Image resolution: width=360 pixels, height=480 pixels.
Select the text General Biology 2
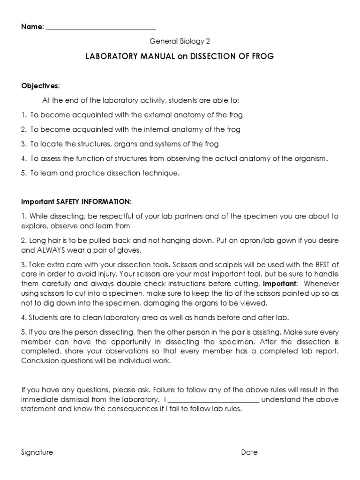coord(180,41)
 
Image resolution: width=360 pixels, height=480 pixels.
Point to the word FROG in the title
coord(262,56)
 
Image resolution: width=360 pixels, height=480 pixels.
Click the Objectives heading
coord(40,86)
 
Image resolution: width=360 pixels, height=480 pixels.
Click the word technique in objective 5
coord(161,173)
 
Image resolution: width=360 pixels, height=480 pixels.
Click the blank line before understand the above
coord(213,400)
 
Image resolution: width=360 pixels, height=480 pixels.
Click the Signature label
coord(37,452)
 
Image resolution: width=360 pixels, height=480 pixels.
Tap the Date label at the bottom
coord(249,452)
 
